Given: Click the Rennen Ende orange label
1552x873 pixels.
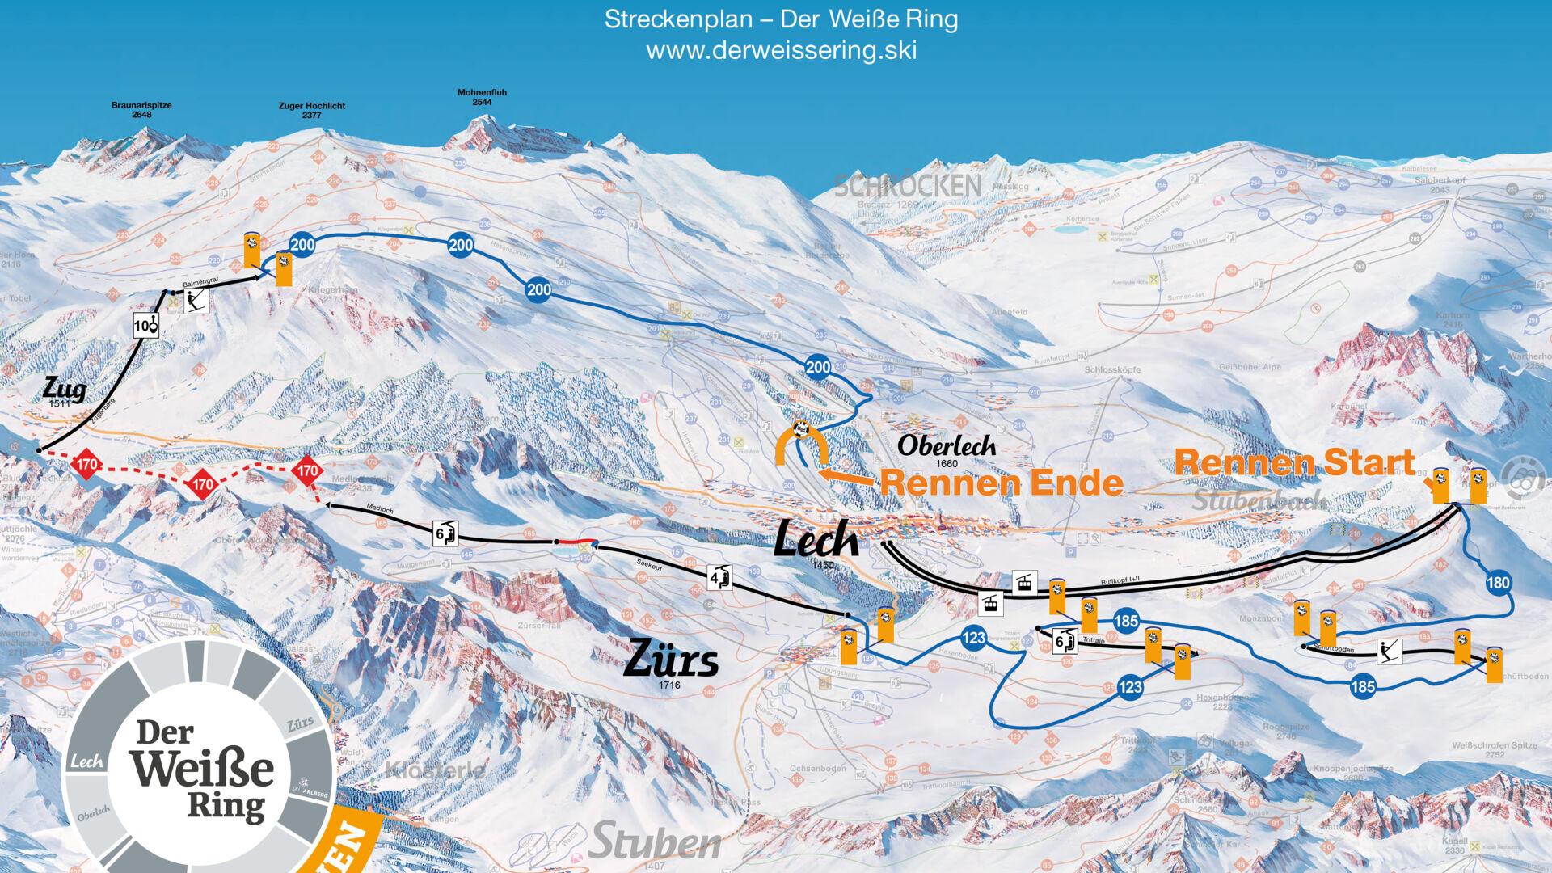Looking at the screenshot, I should pos(1001,483).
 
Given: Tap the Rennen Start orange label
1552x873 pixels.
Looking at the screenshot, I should pos(1293,462).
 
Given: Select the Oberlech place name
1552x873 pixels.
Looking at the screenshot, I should pos(947,446).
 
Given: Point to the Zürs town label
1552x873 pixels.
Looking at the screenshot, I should pos(671,659).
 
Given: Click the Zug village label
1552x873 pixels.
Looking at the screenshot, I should pos(65,390).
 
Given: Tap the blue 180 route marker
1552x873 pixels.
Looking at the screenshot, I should pos(1498,583).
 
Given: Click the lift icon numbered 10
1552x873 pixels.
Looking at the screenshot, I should pos(145,326).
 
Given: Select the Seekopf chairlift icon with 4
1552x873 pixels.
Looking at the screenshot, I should pos(719,578).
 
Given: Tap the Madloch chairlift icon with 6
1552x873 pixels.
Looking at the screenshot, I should pos(445,533).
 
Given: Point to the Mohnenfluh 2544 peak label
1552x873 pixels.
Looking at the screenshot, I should pos(482,97).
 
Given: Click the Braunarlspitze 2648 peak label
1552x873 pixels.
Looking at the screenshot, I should pos(141,110).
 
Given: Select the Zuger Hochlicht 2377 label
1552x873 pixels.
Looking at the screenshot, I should pos(312,110).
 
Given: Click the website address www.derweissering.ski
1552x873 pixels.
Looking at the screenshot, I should pos(781,51).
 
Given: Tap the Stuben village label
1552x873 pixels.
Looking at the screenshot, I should pos(655,842).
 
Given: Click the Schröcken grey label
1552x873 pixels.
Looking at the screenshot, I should pos(907,186).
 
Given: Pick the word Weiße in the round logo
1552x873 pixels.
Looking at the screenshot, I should pos(201,768).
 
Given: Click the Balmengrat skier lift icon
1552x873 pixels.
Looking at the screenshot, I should pos(196,302).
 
